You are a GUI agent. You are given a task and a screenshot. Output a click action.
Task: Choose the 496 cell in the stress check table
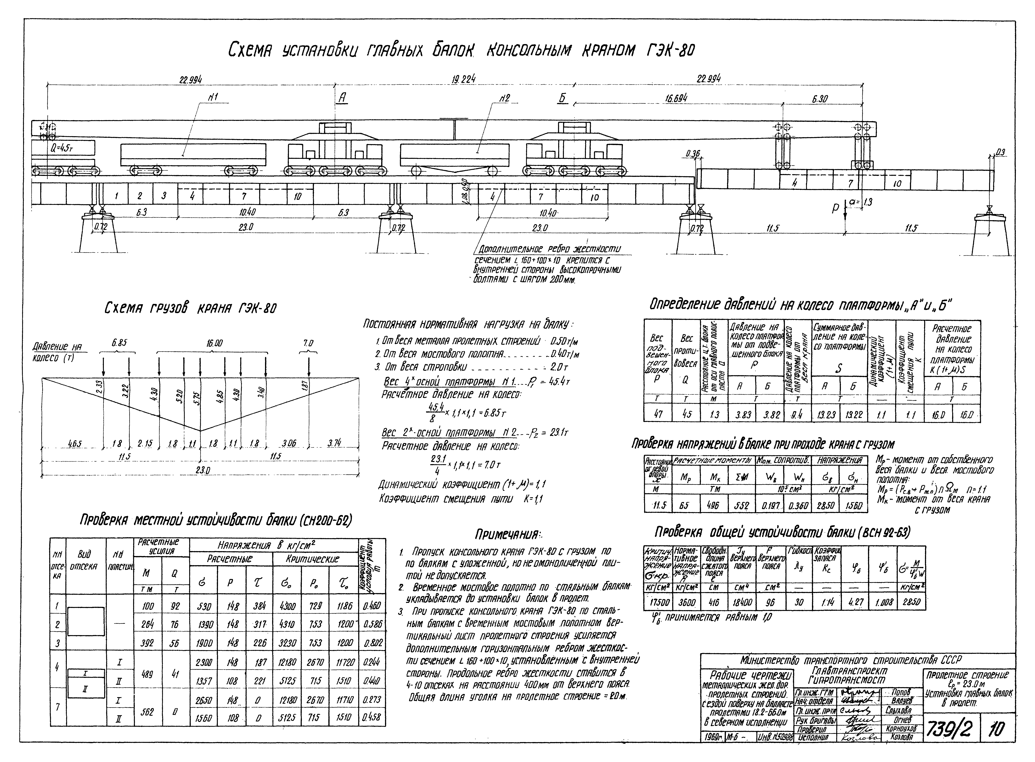[713, 506]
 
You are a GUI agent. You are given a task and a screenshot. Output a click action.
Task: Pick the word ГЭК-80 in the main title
[666, 51]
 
